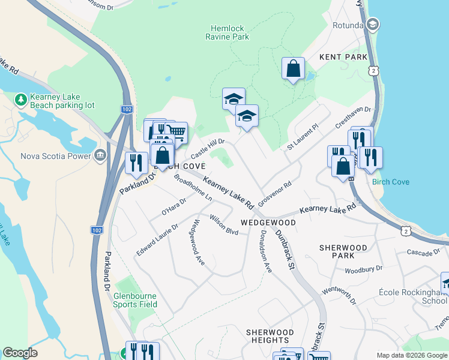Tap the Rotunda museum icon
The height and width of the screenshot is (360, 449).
(x=372, y=25)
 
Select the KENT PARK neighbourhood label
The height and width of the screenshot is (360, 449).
(x=343, y=57)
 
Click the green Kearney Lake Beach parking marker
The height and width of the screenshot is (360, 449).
(x=20, y=98)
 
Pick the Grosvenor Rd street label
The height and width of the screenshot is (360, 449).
(x=274, y=193)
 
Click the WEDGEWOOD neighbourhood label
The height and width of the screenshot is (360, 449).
(x=268, y=223)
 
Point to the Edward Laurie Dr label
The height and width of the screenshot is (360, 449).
(x=157, y=240)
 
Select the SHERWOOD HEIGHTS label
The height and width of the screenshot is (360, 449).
(x=270, y=336)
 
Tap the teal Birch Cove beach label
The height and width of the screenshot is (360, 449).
(x=390, y=182)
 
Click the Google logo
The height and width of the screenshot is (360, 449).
(x=20, y=353)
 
